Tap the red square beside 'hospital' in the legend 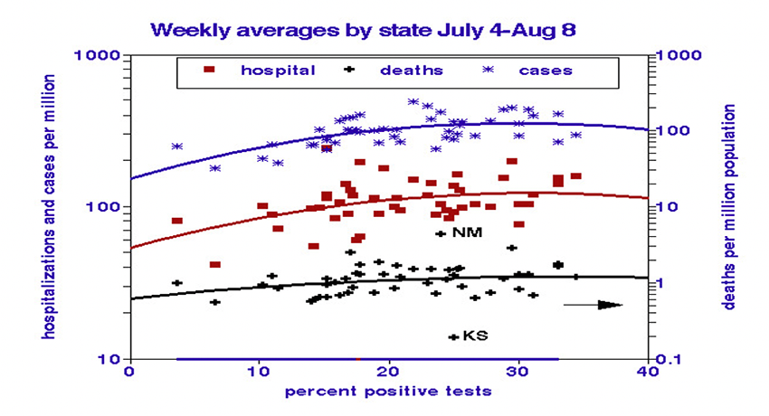pyautogui.click(x=210, y=70)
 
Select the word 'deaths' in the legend pyautogui.click(x=411, y=70)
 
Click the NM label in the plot pyautogui.click(x=467, y=233)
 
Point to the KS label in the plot pyautogui.click(x=475, y=336)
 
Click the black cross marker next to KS pyautogui.click(x=452, y=336)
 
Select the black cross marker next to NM pyautogui.click(x=441, y=233)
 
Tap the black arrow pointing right pyautogui.click(x=593, y=305)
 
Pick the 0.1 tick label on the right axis pyautogui.click(x=666, y=359)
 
